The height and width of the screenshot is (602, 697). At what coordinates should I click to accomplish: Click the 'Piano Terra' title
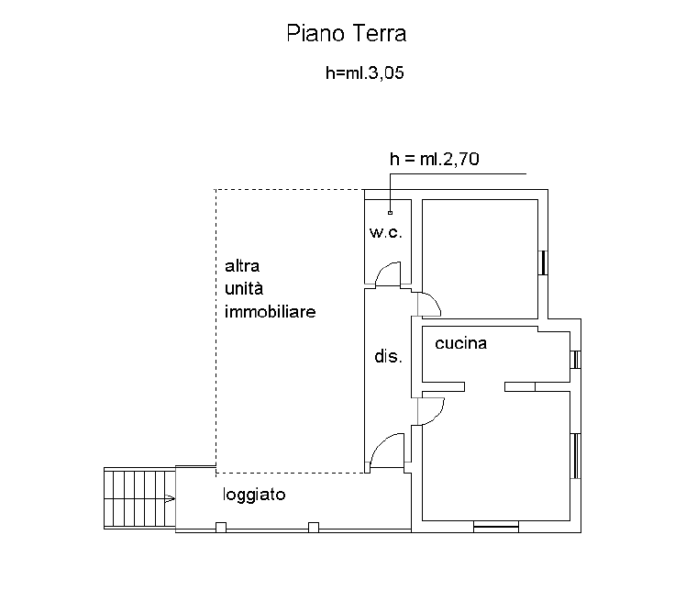pyautogui.click(x=347, y=33)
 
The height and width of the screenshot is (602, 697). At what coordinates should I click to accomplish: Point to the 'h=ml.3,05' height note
pyautogui.click(x=364, y=72)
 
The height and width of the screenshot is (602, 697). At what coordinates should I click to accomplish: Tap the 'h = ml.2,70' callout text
pyautogui.click(x=435, y=159)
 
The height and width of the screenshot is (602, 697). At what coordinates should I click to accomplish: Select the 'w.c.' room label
pyautogui.click(x=385, y=232)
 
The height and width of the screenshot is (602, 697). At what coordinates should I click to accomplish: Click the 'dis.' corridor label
pyautogui.click(x=388, y=356)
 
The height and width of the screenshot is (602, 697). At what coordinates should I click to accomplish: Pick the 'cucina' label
pyautogui.click(x=461, y=343)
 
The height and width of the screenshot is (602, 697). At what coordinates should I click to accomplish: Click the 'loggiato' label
pyautogui.click(x=254, y=495)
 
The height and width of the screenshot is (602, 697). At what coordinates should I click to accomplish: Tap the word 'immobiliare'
pyautogui.click(x=270, y=311)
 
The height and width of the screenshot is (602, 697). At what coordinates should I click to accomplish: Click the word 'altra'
pyautogui.click(x=242, y=265)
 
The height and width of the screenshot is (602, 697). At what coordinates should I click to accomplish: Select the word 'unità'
pyautogui.click(x=244, y=288)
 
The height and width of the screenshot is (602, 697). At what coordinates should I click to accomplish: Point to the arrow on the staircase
pyautogui.click(x=170, y=499)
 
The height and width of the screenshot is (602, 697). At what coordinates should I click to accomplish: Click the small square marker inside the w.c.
pyautogui.click(x=391, y=213)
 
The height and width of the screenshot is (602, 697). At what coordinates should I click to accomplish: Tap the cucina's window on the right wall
pyautogui.click(x=576, y=360)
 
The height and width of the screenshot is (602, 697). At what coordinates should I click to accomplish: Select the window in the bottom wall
pyautogui.click(x=496, y=527)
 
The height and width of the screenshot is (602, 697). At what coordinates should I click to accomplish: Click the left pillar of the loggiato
pyautogui.click(x=221, y=528)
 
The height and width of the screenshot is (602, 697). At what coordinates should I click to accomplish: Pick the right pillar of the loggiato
pyautogui.click(x=314, y=528)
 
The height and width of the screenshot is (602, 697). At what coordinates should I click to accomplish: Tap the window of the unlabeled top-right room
pyautogui.click(x=543, y=263)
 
